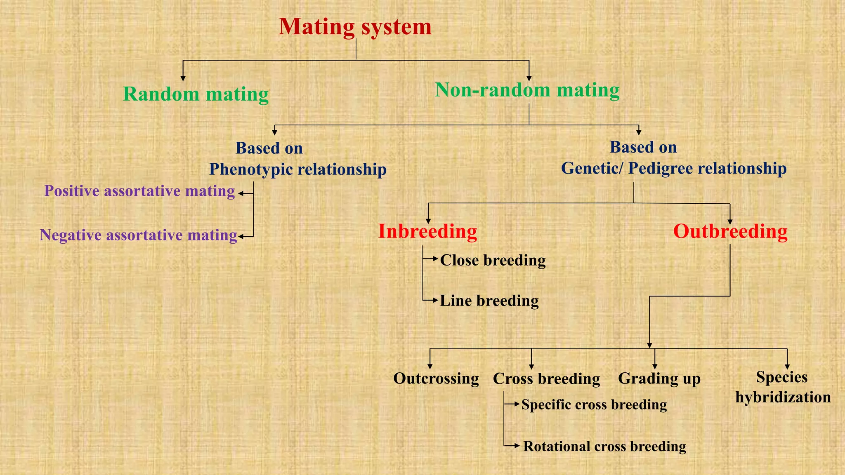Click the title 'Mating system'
(x=355, y=27)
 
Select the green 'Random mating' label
(x=196, y=94)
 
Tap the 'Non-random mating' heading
(x=527, y=90)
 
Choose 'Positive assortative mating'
(x=139, y=191)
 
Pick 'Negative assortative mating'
(x=138, y=235)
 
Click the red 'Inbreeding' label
(x=427, y=231)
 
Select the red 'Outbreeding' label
(x=730, y=231)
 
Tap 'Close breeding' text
(x=493, y=260)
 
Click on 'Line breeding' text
(x=489, y=301)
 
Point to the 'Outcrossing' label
(x=436, y=379)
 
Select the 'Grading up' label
(x=659, y=379)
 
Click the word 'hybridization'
(x=783, y=397)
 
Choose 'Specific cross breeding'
(x=594, y=404)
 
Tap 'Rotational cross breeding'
(x=604, y=446)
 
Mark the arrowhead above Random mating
(x=183, y=78)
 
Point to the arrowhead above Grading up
(x=655, y=366)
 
